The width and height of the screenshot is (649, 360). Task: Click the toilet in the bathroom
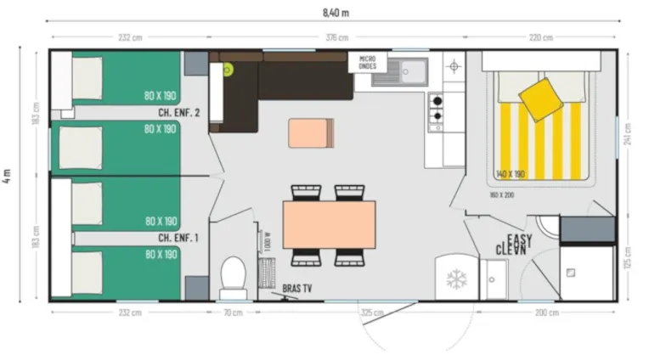coord(232,274)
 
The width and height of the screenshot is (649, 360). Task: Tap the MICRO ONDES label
coord(367,63)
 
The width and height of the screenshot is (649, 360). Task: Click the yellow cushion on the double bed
coord(541,98)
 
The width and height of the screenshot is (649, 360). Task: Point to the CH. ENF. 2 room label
coord(178,113)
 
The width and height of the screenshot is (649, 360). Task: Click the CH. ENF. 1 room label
coord(178,238)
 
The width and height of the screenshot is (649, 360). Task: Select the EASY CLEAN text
coord(518,245)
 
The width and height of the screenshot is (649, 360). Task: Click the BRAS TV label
coord(296,290)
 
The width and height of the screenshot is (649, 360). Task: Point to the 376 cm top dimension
coord(336,37)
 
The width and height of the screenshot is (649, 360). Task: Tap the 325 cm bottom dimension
coord(371,312)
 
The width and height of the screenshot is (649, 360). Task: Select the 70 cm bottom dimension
coord(232,312)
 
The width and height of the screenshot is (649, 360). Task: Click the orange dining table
coord(329,223)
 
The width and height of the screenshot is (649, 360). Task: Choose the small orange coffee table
coord(311,132)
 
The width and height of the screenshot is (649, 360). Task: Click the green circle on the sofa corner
coord(228,71)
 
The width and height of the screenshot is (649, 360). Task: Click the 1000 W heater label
coord(267,241)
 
